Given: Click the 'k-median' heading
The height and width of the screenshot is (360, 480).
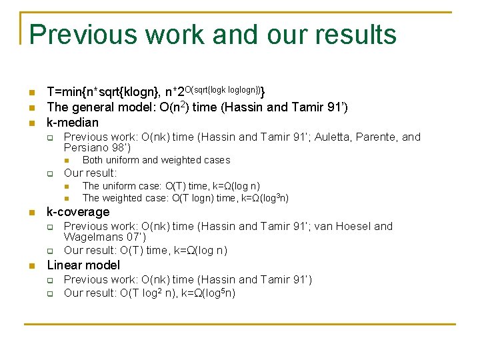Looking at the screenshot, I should (x=72, y=122).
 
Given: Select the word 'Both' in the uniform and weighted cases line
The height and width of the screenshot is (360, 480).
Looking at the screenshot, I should (x=93, y=160).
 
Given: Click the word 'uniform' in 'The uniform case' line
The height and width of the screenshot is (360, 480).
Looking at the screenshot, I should (x=119, y=186).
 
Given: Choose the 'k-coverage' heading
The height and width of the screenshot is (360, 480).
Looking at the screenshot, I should (x=77, y=212).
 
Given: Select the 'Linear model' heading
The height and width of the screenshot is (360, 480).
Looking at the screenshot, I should (x=83, y=265).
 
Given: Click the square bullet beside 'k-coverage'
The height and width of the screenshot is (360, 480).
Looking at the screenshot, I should (x=31, y=213).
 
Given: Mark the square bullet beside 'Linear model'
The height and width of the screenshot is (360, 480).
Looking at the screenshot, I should (x=31, y=265).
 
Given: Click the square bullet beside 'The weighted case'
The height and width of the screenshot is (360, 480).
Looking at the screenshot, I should (x=68, y=199).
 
